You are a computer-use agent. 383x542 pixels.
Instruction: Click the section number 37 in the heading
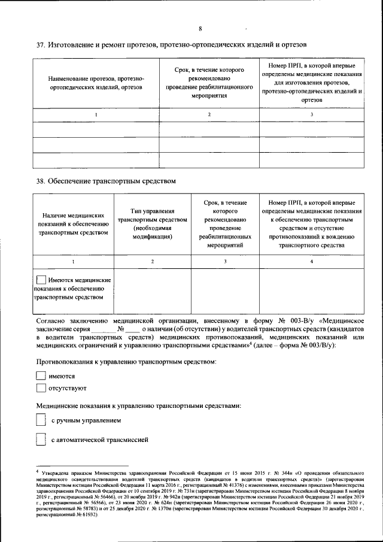click(x=41, y=45)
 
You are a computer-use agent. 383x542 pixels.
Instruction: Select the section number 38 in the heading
click(x=41, y=180)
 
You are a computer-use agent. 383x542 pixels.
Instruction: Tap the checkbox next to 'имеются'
click(x=41, y=376)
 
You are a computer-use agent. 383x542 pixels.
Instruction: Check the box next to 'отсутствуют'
click(x=41, y=388)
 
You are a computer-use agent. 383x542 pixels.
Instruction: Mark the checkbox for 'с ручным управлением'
click(x=41, y=421)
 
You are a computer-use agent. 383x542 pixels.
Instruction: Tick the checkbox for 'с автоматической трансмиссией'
click(x=41, y=440)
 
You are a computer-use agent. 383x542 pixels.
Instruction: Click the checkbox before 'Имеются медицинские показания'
click(x=41, y=280)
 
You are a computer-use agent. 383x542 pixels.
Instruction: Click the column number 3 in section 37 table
click(x=311, y=114)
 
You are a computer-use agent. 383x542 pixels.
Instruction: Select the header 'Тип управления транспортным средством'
click(x=153, y=224)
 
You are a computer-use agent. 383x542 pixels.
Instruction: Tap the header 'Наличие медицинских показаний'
click(x=73, y=224)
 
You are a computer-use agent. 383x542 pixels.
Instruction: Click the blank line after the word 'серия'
click(x=103, y=329)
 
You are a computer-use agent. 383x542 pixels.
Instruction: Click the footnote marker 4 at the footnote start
click(x=37, y=473)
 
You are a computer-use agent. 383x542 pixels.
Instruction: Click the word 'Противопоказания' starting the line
click(x=65, y=362)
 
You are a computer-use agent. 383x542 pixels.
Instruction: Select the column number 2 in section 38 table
click(x=153, y=261)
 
